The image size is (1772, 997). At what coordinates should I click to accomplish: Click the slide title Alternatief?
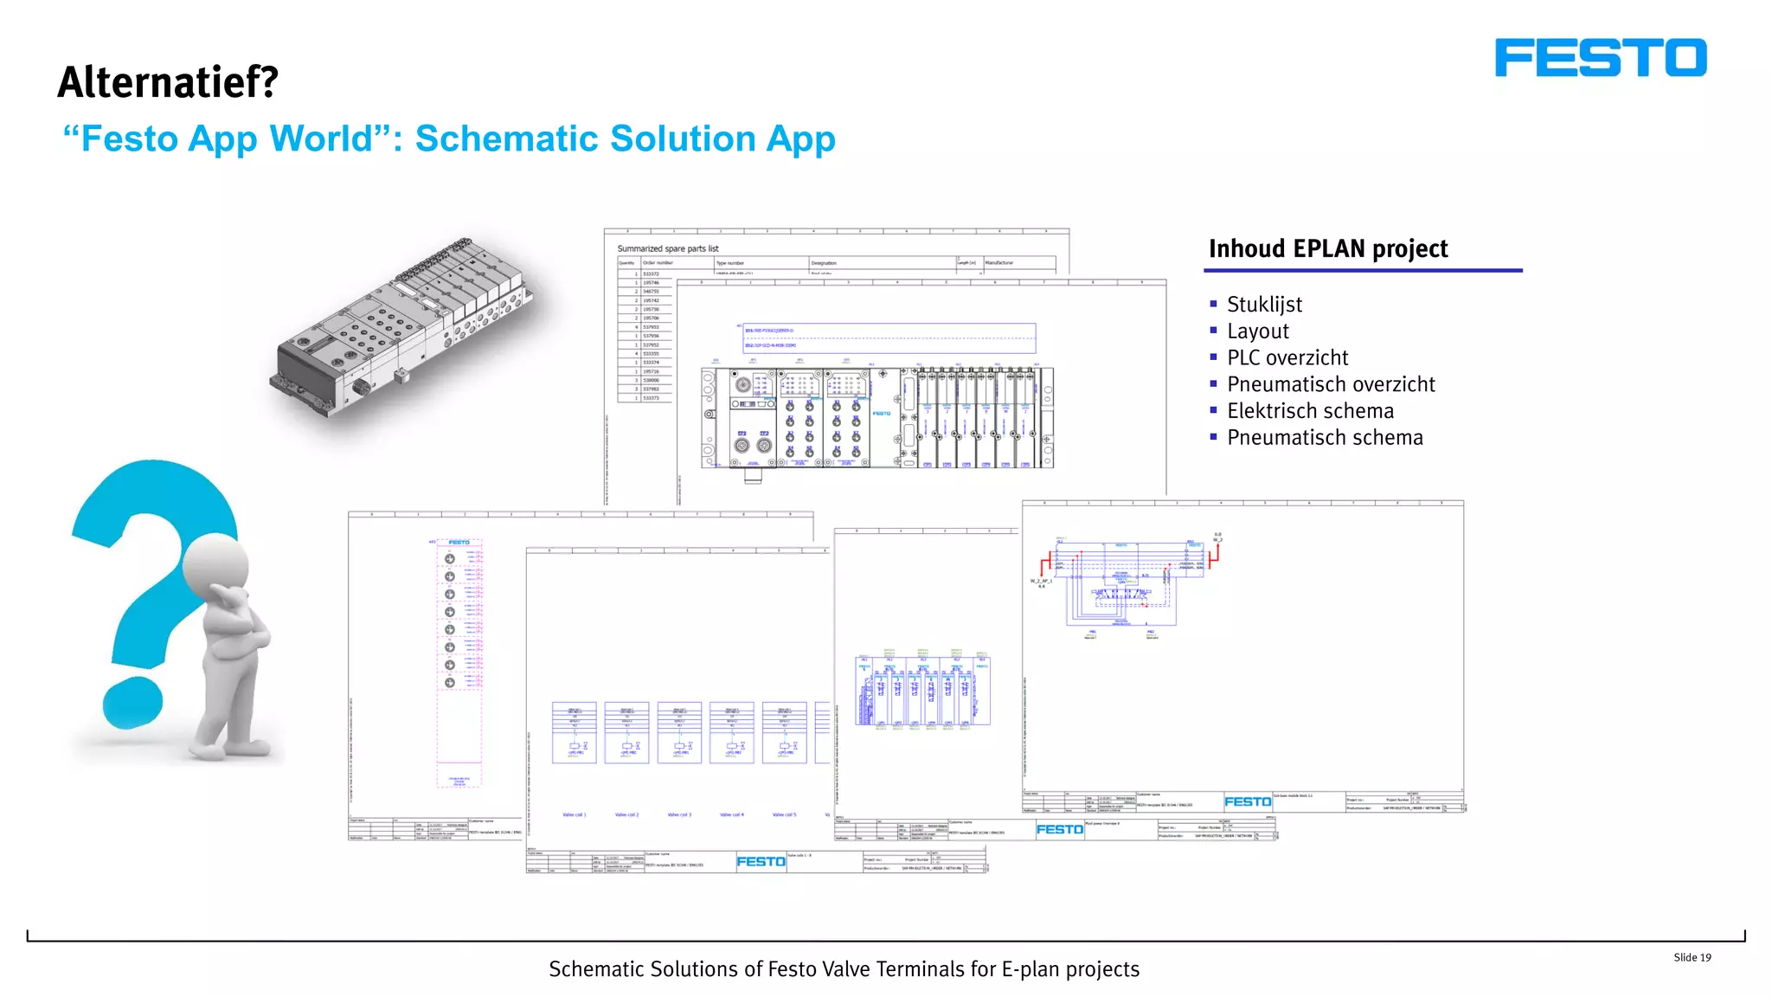[x=168, y=83]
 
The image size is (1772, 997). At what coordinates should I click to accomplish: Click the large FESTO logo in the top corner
[x=1600, y=58]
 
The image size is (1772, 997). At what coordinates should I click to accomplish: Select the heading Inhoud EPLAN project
[x=1327, y=249]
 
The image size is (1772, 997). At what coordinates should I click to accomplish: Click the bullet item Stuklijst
[x=1264, y=305]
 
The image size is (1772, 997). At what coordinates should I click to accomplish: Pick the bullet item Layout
[x=1257, y=331]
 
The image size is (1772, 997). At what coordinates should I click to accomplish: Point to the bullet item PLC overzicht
[x=1287, y=358]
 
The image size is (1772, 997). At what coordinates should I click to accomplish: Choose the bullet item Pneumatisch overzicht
[x=1331, y=384]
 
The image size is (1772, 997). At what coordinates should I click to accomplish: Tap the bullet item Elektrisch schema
[x=1310, y=411]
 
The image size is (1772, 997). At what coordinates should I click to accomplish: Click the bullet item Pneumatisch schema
[x=1325, y=438]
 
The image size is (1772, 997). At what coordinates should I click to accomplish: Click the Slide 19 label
[x=1692, y=957]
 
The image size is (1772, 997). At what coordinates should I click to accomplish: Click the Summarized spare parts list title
[x=667, y=248]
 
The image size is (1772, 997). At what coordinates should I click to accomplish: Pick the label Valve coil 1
[x=575, y=814]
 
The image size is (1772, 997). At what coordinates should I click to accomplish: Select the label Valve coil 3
[x=679, y=814]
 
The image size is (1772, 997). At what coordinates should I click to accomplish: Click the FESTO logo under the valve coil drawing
[x=761, y=861]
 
